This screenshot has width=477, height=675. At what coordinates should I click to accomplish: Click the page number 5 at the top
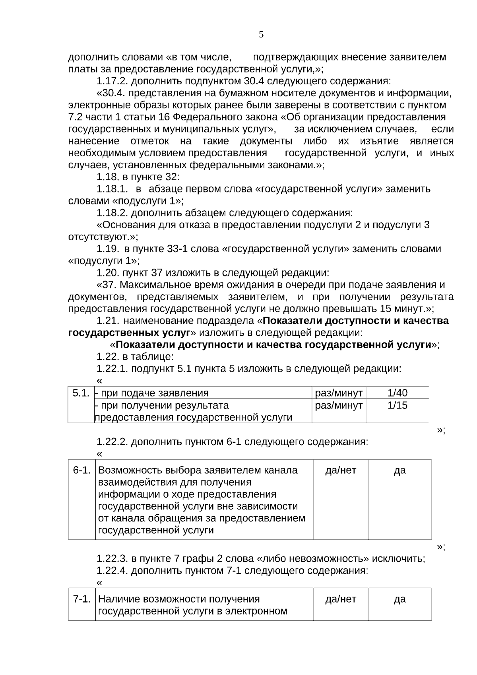261,35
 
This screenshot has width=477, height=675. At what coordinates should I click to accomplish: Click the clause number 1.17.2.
112,82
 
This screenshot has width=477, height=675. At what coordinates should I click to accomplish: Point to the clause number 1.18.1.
112,189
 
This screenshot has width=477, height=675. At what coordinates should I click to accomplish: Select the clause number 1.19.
107,249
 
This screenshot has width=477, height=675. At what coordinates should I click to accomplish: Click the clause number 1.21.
107,321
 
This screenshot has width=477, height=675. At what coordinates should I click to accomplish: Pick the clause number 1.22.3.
112,559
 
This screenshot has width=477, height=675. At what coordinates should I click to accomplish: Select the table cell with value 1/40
397,393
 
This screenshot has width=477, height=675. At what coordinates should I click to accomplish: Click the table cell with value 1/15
397,405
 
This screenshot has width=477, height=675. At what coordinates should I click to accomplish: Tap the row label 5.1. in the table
81,393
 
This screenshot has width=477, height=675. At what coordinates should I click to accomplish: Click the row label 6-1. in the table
82,470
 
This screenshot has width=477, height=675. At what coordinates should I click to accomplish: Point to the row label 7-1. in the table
82,599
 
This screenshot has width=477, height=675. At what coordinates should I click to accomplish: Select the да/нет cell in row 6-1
341,470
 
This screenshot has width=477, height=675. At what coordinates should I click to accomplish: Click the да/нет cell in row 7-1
341,599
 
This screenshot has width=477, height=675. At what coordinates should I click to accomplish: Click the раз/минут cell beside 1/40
339,393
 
